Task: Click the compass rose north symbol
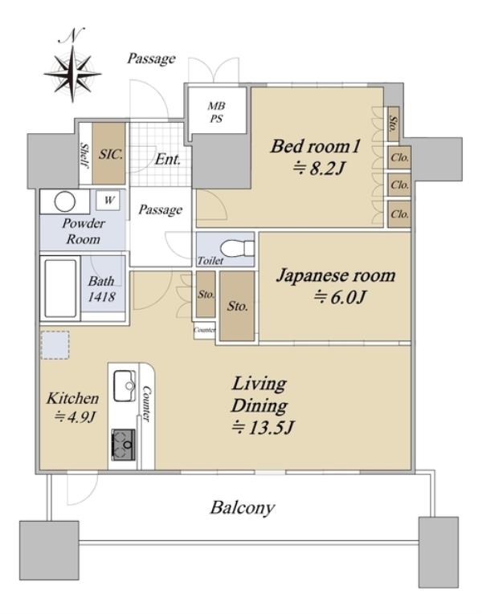[73, 67]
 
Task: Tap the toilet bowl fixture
[237, 248]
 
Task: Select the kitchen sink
[125, 386]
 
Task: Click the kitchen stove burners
[124, 445]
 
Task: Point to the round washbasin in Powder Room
[64, 202]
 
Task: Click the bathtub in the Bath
[60, 288]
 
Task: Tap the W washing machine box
[108, 201]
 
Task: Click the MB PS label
[217, 112]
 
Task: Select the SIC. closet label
[111, 154]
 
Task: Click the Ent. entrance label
[168, 159]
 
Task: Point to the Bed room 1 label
[315, 146]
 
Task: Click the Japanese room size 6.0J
[340, 297]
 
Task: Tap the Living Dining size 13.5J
[263, 427]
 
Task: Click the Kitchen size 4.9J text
[75, 417]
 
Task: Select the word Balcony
[243, 508]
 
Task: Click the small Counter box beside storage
[205, 330]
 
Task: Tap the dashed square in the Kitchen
[55, 345]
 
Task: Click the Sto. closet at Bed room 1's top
[394, 124]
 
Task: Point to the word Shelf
[84, 155]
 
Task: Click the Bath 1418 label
[101, 289]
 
